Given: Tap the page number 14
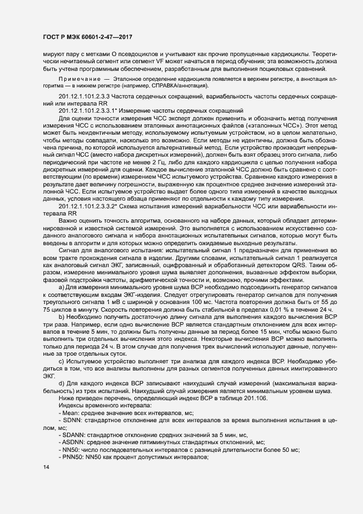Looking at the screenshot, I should (x=46, y=467).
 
